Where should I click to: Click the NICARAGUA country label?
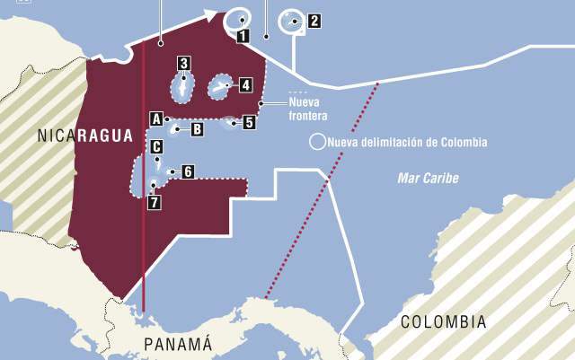(x=85, y=136)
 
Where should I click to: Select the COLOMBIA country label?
(x=443, y=321)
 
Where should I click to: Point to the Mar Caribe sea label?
(x=428, y=179)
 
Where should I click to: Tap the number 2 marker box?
(x=313, y=20)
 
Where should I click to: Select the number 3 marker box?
(x=183, y=63)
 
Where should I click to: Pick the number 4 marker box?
(x=245, y=85)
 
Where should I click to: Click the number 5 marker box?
(x=249, y=123)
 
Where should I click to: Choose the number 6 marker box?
(x=188, y=171)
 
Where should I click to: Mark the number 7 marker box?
(x=155, y=202)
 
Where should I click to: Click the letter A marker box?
(x=155, y=119)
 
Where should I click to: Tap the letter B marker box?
(x=197, y=129)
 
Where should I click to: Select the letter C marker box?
(x=156, y=146)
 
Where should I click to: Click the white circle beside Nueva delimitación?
(x=316, y=142)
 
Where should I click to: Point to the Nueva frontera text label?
(x=308, y=110)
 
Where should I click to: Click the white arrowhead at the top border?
(x=212, y=14)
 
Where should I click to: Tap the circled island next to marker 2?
(x=291, y=21)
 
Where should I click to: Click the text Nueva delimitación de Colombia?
(x=407, y=142)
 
